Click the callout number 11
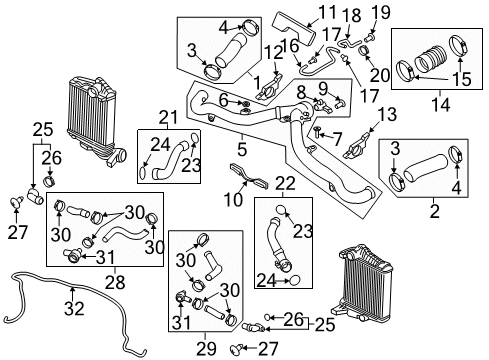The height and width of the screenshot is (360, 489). pos(327,14)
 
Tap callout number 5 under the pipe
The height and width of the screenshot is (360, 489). pos(241,152)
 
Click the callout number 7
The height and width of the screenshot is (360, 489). pos(337,136)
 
